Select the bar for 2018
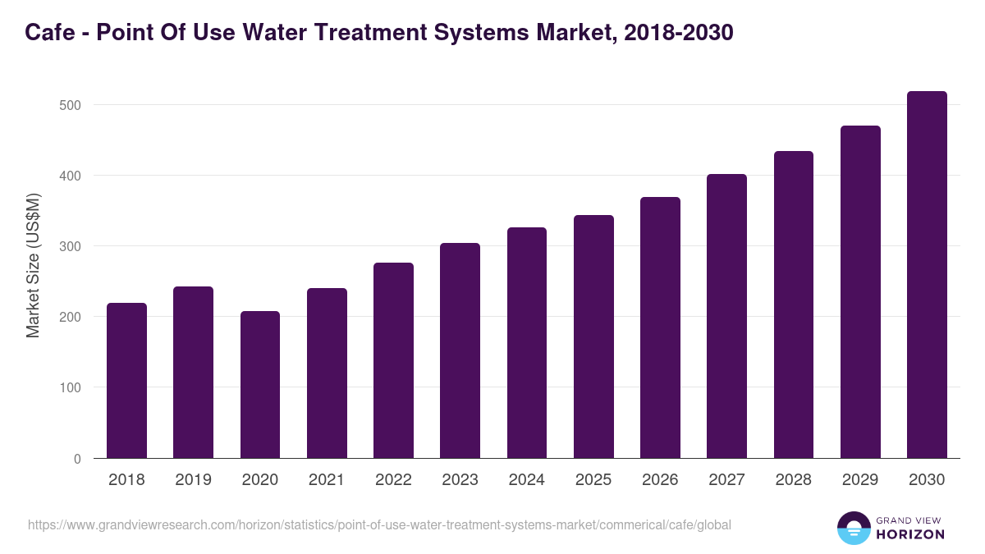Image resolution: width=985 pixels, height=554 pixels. click(x=126, y=381)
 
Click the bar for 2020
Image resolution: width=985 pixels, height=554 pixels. click(x=260, y=385)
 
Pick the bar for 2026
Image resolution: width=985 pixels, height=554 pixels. click(x=660, y=327)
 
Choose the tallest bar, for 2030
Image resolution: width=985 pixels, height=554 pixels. click(x=927, y=275)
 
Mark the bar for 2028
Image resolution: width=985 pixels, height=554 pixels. click(x=794, y=304)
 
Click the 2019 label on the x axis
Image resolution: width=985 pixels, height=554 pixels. click(x=193, y=480)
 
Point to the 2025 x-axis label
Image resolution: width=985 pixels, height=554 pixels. click(x=593, y=480)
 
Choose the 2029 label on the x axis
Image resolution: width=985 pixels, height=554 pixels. click(x=860, y=480)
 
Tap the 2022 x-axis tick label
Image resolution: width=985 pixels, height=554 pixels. click(x=393, y=480)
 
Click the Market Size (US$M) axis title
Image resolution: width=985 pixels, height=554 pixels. click(x=33, y=265)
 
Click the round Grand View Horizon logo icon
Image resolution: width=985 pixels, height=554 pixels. click(x=853, y=528)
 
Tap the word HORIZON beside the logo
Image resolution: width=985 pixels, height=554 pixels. click(x=910, y=534)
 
